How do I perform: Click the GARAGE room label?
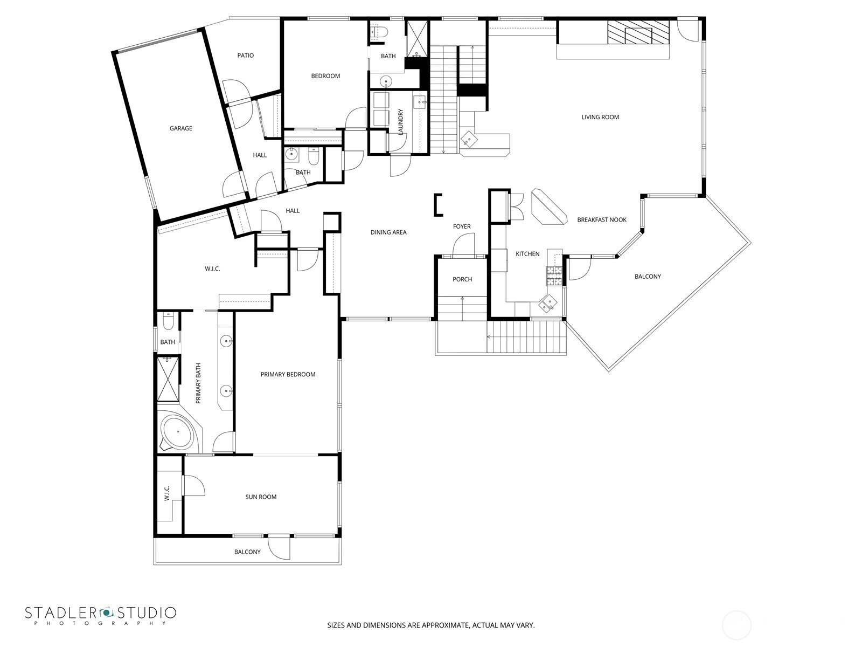180,128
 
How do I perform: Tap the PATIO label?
245,56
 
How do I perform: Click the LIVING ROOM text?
600,117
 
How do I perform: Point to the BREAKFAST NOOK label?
602,220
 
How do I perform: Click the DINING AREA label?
388,232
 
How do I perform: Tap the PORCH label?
462,279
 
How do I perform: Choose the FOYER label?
462,226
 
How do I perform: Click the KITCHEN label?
527,254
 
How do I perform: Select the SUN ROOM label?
261,497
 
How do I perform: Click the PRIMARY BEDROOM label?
288,375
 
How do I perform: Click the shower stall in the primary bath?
168,378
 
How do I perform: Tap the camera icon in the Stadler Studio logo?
106,612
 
